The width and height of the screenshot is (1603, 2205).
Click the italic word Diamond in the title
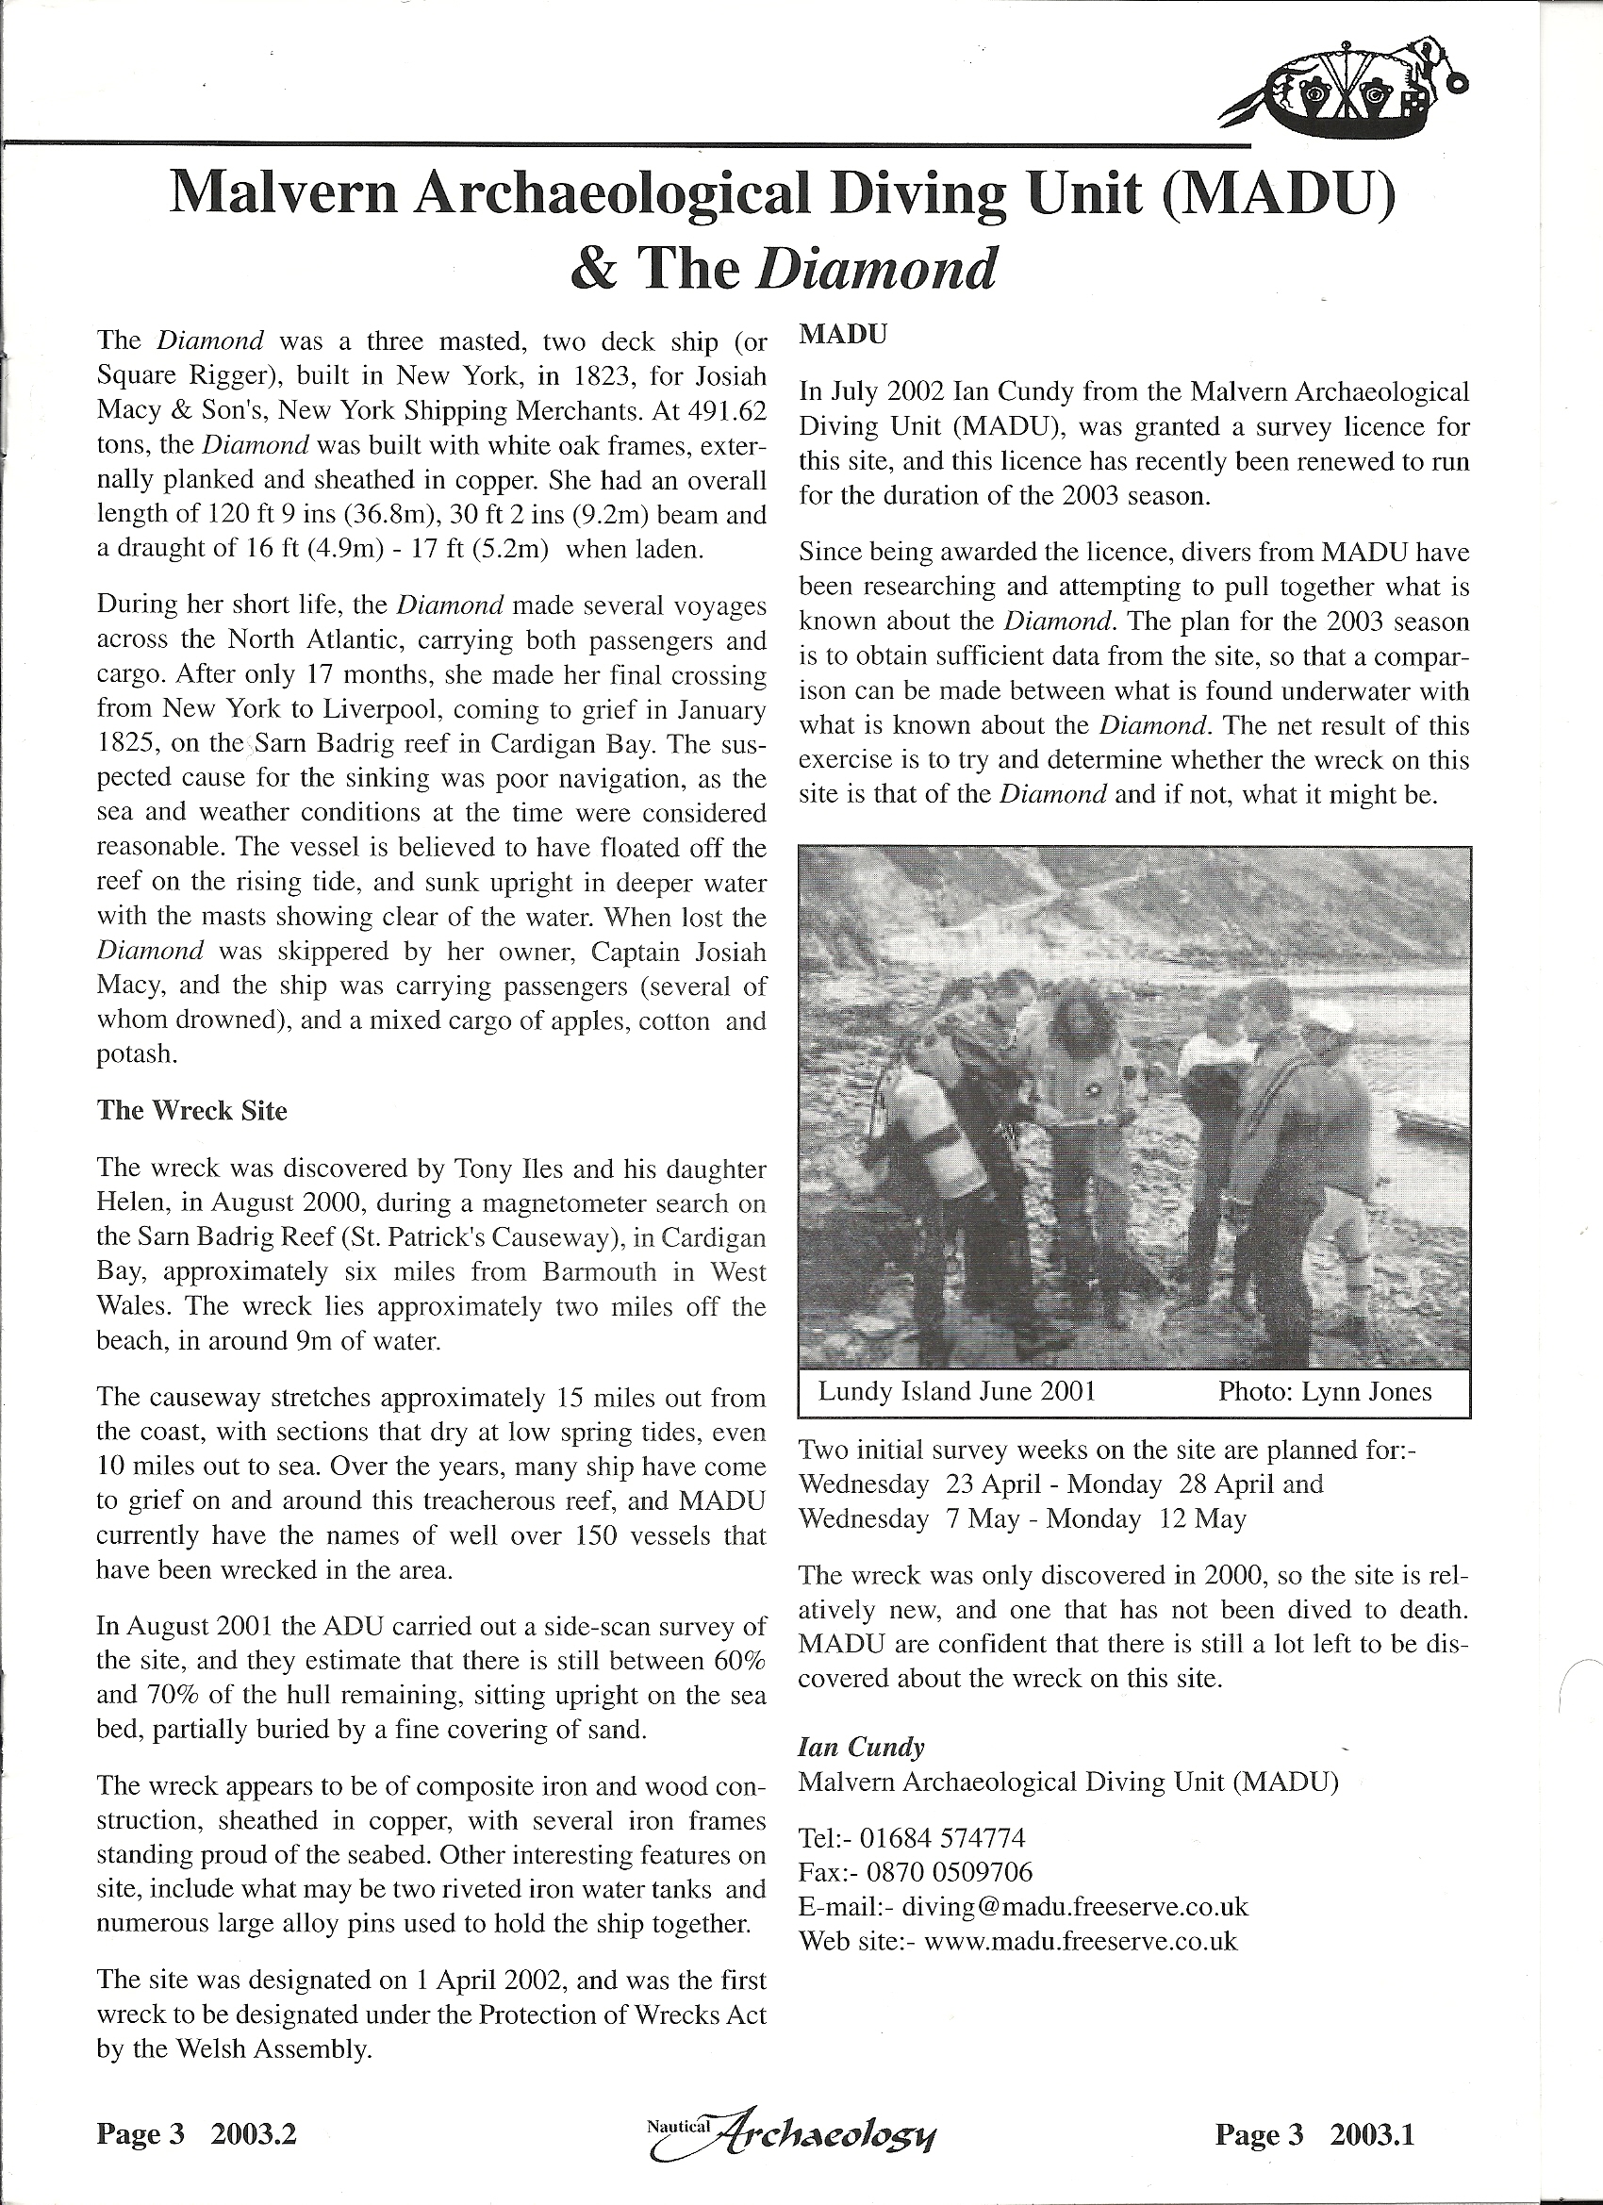coord(875,270)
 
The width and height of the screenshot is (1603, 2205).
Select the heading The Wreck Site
coord(191,1110)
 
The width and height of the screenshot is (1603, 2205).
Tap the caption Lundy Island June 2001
coord(956,1391)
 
